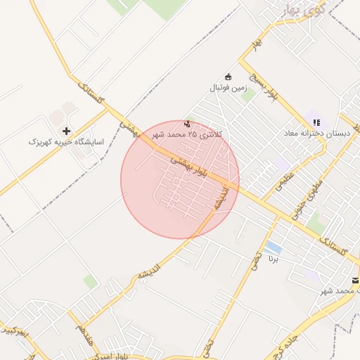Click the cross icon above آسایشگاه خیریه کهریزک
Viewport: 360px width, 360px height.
coord(67,131)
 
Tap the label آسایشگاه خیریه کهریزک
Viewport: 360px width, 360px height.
coord(65,142)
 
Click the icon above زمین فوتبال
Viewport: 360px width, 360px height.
coord(227,77)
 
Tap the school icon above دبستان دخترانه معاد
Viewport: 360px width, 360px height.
coord(315,122)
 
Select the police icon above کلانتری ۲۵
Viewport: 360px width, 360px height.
coord(187,123)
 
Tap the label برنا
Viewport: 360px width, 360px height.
coord(274,259)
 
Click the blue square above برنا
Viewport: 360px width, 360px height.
coord(274,248)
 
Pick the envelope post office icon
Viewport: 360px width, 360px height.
coord(356,281)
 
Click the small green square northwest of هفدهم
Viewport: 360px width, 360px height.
coord(90,282)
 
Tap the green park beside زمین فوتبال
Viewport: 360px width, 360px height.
coord(247,94)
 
